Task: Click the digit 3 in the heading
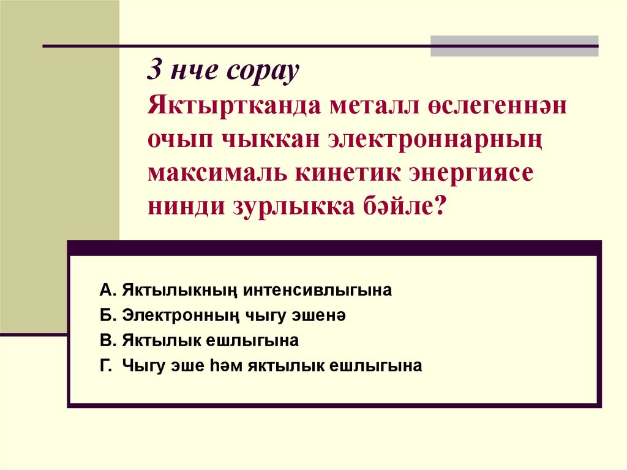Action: point(154,73)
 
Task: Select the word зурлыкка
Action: point(285,207)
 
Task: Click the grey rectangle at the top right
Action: point(514,46)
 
